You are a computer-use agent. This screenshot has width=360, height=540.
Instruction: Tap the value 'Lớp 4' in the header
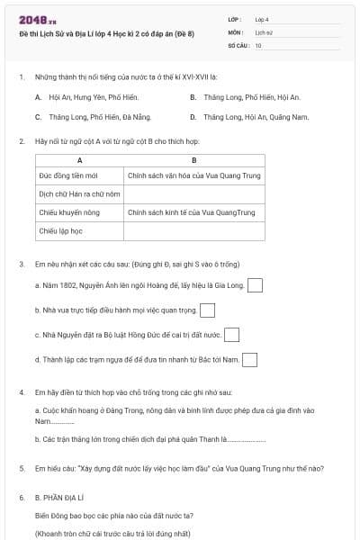262,18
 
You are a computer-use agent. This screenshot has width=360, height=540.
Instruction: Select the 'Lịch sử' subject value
263,31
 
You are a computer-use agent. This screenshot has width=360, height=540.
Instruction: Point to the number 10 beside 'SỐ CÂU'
258,44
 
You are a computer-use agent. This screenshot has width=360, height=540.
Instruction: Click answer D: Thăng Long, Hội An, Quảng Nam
249,117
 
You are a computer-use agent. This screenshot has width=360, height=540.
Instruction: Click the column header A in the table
79,160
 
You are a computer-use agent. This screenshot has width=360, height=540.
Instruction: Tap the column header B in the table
194,160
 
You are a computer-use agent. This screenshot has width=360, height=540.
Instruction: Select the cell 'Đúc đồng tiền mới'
67,175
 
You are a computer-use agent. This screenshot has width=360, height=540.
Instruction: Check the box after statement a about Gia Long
255,286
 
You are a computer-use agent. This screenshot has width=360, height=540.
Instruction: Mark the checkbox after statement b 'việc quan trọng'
208,310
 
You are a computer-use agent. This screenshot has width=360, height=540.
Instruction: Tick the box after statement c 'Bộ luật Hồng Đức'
231,335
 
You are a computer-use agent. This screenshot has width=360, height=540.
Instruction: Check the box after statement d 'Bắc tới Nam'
249,360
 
